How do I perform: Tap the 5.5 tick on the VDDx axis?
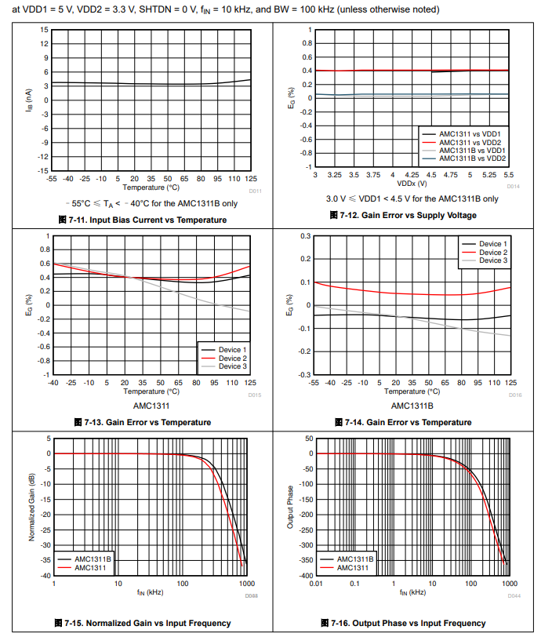coord(509,176)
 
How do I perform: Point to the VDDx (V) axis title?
coord(412,184)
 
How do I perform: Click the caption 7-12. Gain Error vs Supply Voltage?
coord(413,214)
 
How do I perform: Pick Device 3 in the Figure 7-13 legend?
coord(233,366)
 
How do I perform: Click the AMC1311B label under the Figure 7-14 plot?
coord(412,406)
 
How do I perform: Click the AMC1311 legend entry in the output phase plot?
coord(353,566)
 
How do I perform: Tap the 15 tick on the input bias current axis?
coord(45,30)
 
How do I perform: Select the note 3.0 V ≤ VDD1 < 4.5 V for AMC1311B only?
coord(412,198)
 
